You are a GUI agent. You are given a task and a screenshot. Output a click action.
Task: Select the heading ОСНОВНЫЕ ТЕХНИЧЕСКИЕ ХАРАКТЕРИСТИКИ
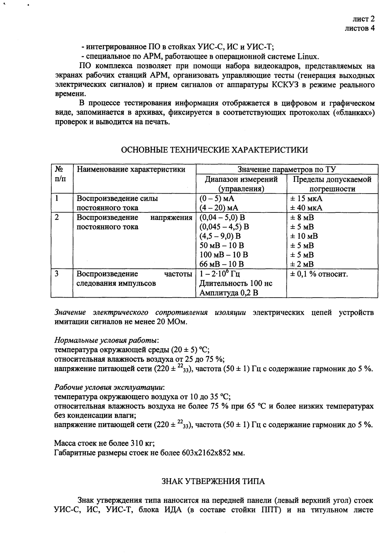click(x=214, y=150)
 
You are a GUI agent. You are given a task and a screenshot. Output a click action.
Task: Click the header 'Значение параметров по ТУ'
click(x=287, y=169)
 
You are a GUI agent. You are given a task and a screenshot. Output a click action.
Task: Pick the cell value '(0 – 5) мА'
click(x=216, y=199)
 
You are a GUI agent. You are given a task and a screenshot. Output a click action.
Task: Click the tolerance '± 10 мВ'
click(x=304, y=236)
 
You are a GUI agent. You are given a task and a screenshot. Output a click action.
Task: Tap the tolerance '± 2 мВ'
click(x=302, y=264)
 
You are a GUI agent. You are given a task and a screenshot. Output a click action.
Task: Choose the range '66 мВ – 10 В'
click(x=222, y=264)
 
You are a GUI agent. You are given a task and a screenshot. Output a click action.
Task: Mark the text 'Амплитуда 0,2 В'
click(x=229, y=293)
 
